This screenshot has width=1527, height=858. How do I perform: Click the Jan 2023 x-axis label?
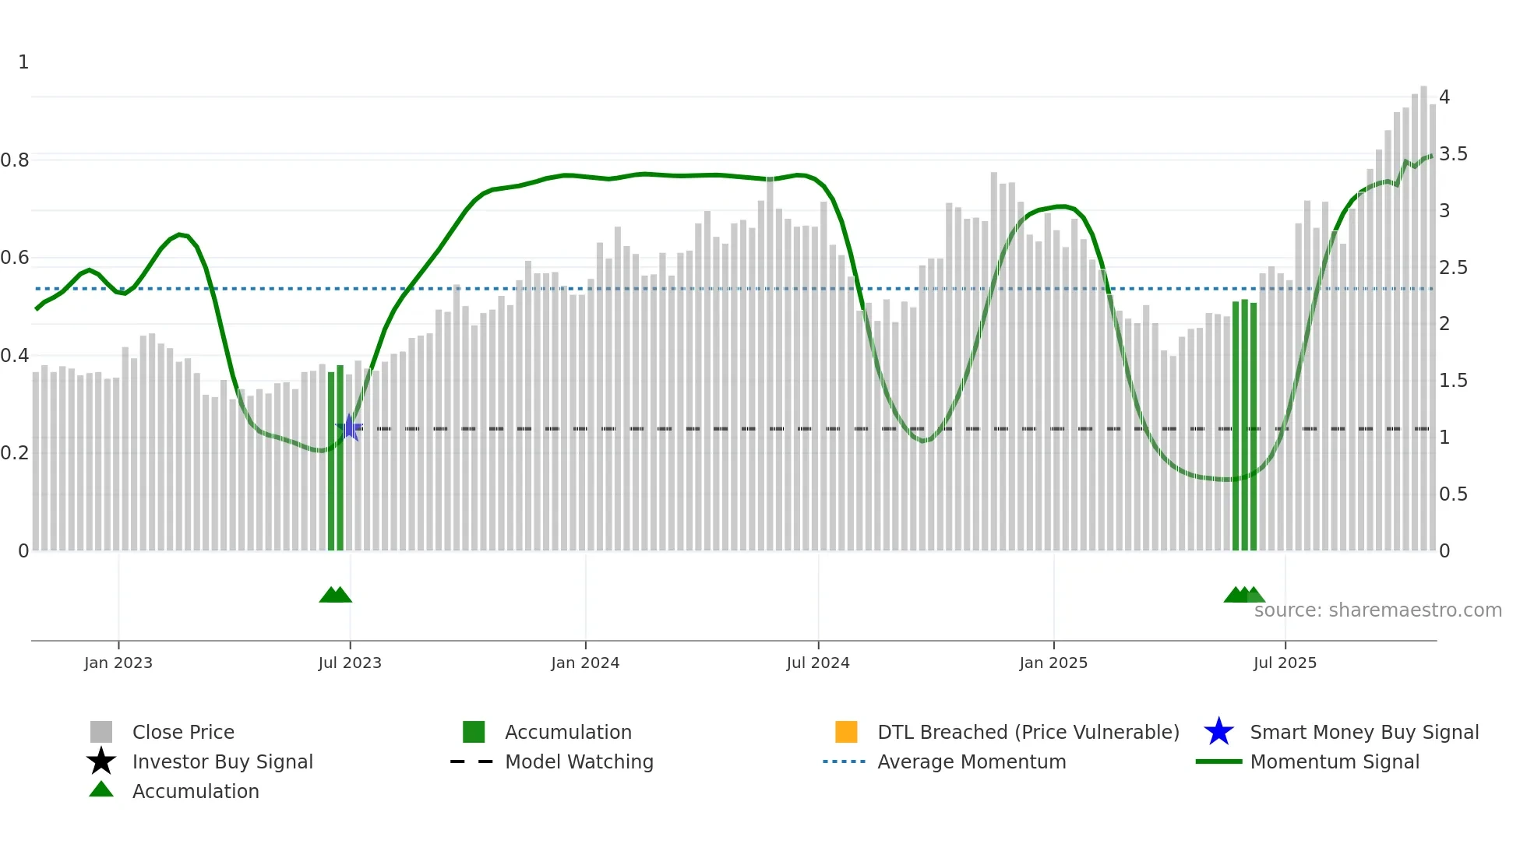pyautogui.click(x=118, y=663)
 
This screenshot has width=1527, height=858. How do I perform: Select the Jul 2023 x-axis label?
pyautogui.click(x=350, y=663)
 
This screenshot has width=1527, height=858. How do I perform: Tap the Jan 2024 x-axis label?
pyautogui.click(x=585, y=663)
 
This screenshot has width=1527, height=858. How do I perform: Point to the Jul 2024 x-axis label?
pyautogui.click(x=818, y=663)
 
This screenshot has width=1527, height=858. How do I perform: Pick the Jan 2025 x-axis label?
pyautogui.click(x=1053, y=663)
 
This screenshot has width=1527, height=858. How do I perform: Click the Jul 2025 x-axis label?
pyautogui.click(x=1285, y=663)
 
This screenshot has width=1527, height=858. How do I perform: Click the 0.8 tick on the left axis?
pyautogui.click(x=15, y=160)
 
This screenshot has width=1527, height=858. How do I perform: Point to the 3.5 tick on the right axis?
pyautogui.click(x=1453, y=154)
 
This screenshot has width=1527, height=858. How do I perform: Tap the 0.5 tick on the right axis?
pyautogui.click(x=1453, y=494)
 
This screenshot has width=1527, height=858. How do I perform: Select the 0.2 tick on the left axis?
pyautogui.click(x=15, y=453)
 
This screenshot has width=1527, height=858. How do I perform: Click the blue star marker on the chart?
pyautogui.click(x=350, y=427)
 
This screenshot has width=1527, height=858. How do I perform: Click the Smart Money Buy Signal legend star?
pyautogui.click(x=1218, y=732)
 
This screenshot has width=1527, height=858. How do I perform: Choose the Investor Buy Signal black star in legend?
pyautogui.click(x=101, y=761)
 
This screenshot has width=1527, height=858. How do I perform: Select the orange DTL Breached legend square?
pyautogui.click(x=846, y=732)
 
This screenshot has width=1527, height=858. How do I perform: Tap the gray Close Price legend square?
pyautogui.click(x=101, y=732)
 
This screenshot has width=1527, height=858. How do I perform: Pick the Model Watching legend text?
pyautogui.click(x=579, y=761)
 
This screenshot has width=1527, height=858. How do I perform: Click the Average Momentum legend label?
pyautogui.click(x=972, y=761)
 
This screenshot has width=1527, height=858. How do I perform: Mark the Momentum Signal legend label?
pyautogui.click(x=1335, y=761)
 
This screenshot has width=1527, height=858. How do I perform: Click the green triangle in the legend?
pyautogui.click(x=101, y=789)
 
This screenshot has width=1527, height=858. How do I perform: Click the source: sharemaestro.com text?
pyautogui.click(x=1377, y=610)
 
